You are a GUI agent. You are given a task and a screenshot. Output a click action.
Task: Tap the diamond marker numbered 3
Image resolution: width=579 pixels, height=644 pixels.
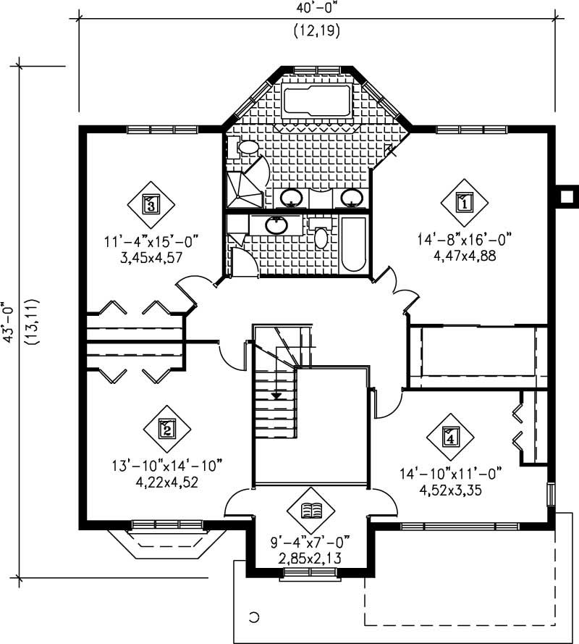pos(151,205)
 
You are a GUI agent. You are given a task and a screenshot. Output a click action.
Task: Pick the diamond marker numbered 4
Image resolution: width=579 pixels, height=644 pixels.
pos(450,437)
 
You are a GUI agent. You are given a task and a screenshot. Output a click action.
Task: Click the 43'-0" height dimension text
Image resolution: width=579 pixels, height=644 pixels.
pos(10,322)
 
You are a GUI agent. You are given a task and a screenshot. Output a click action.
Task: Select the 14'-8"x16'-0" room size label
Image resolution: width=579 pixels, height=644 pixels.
pos(463,240)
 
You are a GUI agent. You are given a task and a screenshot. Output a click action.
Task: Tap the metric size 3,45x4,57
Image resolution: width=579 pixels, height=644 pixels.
pos(150,255)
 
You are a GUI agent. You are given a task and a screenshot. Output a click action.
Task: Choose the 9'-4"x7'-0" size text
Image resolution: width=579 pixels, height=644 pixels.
pos(310,541)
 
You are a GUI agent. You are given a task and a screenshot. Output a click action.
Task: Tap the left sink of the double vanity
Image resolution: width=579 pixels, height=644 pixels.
pos(292,196)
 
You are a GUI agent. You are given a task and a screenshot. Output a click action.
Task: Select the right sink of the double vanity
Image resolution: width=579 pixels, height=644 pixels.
pos(352,196)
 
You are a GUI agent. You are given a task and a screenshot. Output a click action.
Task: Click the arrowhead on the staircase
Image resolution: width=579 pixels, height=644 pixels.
pos(276,396)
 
